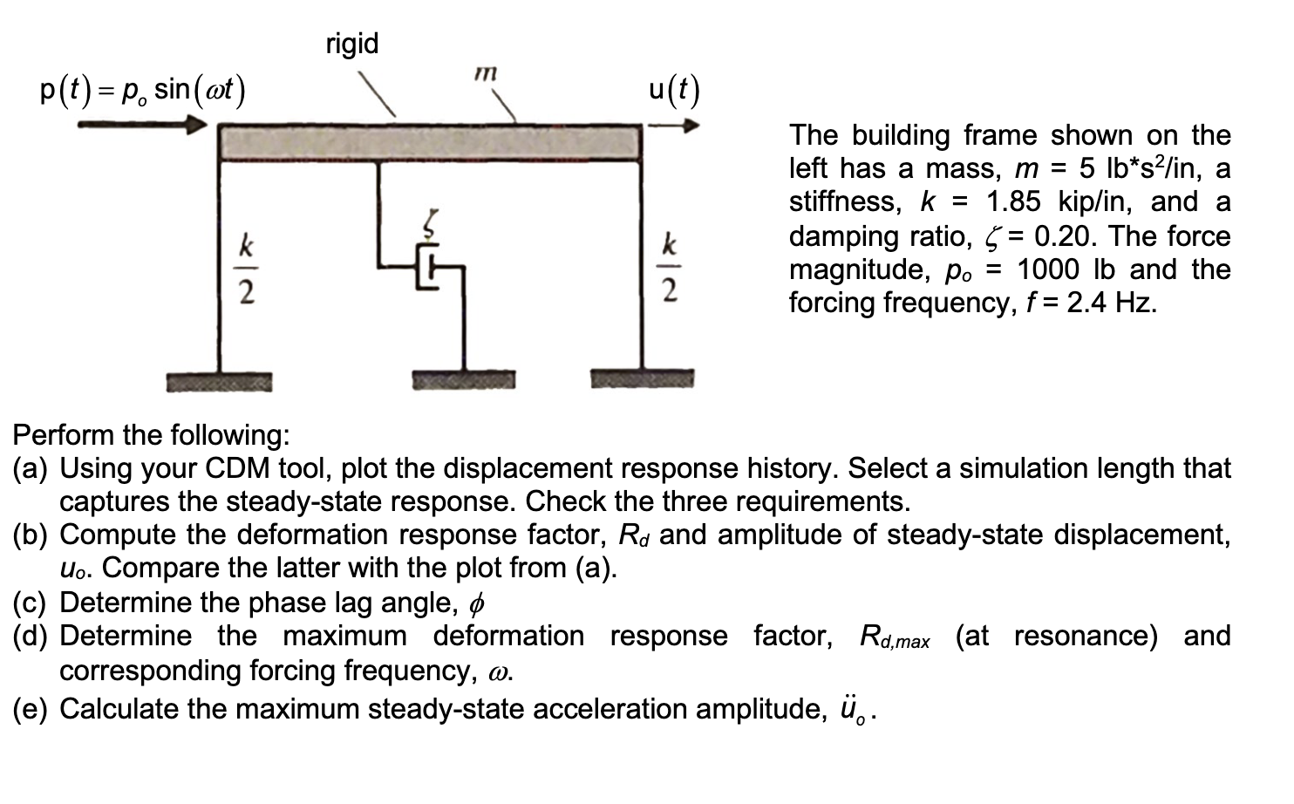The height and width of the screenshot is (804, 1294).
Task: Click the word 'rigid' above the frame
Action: (x=352, y=44)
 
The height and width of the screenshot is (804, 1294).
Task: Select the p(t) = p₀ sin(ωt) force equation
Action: (x=144, y=90)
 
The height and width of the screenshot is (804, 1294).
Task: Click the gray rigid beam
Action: (x=429, y=142)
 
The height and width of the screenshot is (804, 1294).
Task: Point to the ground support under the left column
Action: (x=220, y=381)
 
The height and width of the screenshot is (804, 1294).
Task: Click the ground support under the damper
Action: (x=464, y=380)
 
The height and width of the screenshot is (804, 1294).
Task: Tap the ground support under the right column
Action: (x=643, y=379)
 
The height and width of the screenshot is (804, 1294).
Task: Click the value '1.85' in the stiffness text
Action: (x=1013, y=202)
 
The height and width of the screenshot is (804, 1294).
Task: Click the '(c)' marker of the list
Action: (x=32, y=603)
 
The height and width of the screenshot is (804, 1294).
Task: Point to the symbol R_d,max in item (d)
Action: (x=894, y=637)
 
